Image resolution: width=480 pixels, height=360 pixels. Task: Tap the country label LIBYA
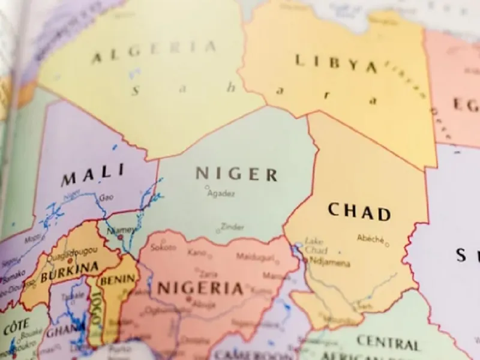click(336, 63)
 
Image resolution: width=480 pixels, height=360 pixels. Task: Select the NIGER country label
click(236, 174)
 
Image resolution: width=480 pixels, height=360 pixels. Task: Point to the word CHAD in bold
click(359, 212)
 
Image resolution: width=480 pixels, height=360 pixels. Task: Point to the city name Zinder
click(232, 227)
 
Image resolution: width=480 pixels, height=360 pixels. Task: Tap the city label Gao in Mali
click(106, 197)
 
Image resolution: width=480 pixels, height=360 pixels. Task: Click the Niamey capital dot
click(121, 237)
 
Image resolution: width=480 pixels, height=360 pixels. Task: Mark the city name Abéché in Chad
click(370, 239)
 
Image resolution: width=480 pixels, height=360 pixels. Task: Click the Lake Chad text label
click(315, 245)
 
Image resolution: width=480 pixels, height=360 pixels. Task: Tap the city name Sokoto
click(163, 247)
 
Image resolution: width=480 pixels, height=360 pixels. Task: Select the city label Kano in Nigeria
click(196, 253)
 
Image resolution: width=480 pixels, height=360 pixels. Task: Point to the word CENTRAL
click(388, 343)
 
